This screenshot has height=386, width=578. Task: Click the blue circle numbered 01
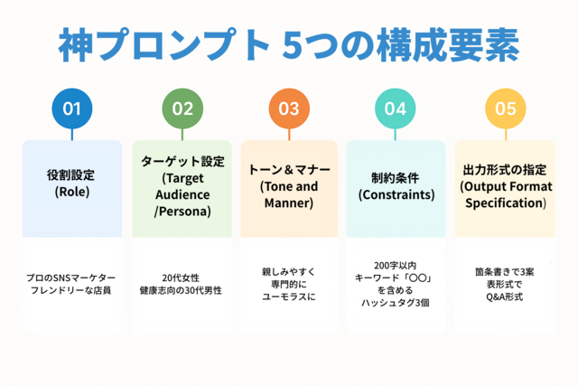coord(72,108)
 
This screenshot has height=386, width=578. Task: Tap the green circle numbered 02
coord(182,108)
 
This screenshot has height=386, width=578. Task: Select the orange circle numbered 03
coord(289,108)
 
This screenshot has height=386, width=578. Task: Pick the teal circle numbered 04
coord(396,108)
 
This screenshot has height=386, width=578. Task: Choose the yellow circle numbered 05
coord(506,108)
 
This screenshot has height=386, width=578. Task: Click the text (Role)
coord(72,192)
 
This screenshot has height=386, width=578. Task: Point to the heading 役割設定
coord(71,174)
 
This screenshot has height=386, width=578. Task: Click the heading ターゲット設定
coord(182,161)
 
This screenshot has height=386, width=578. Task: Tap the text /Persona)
coord(182,212)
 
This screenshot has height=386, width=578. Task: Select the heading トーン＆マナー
coord(289,170)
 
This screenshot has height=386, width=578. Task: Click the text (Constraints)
coord(396,195)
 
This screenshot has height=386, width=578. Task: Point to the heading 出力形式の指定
coord(505,170)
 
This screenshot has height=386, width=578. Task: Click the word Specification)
coord(506,203)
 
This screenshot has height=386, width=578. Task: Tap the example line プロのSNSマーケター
coord(71,278)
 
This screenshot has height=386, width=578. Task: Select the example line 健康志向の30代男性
coord(181,290)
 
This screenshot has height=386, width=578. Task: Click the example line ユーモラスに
coord(289,297)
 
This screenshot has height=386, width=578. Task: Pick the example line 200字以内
coord(396,266)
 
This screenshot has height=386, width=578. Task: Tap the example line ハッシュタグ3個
coord(396,303)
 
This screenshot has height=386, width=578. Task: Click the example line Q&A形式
coord(505,297)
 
